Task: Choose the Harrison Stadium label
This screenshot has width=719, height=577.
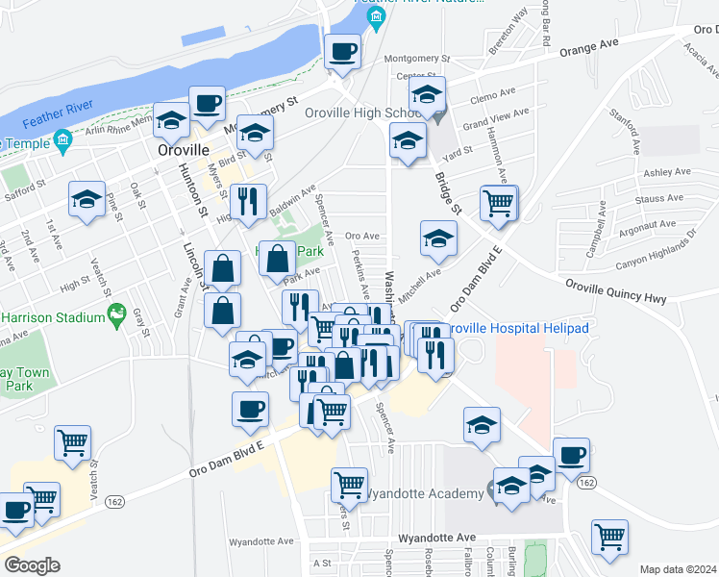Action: pyautogui.click(x=52, y=317)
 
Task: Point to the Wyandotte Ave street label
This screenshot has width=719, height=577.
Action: pyautogui.click(x=437, y=537)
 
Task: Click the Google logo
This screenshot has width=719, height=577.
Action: pyautogui.click(x=32, y=565)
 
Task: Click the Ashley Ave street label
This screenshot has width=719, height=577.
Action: pyautogui.click(x=667, y=172)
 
